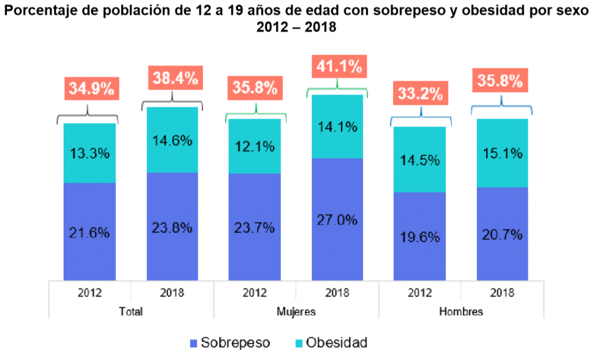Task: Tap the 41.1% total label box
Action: pos(339,67)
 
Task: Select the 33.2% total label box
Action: pos(419,93)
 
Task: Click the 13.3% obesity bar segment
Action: pos(90,154)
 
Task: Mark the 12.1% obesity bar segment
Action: pos(255,147)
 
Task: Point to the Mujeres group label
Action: pos(296,311)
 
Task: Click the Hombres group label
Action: pos(461,311)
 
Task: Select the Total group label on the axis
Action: pos(131,311)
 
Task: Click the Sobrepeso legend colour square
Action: pos(193,343)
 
